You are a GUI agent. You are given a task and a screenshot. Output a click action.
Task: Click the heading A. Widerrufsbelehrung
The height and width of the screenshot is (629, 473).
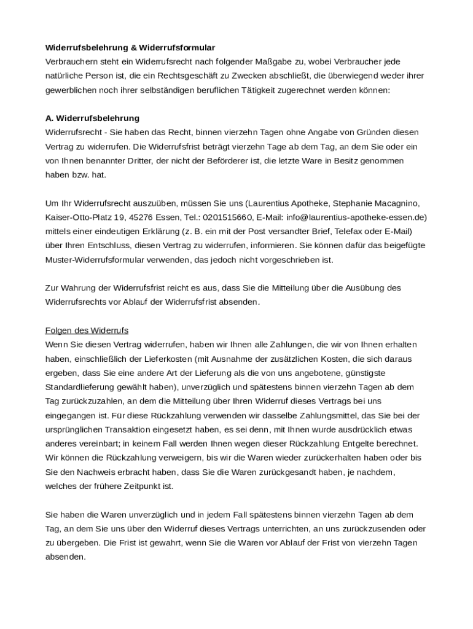click(x=93, y=118)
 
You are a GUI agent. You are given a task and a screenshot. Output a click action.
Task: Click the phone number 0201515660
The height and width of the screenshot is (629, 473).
click(x=227, y=217)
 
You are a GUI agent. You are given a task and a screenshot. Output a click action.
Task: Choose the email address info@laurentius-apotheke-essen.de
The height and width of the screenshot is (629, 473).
click(x=356, y=217)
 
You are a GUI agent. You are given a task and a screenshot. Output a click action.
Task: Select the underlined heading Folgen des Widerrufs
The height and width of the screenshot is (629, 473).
click(x=87, y=330)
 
